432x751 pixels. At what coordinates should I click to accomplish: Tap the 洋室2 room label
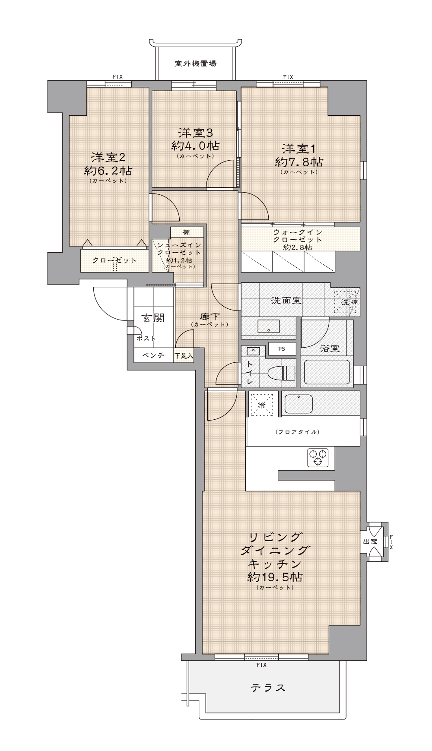tap(108, 157)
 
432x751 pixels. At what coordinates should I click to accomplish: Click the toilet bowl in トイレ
tap(281, 372)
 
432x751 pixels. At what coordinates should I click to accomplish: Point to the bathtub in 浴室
tap(327, 372)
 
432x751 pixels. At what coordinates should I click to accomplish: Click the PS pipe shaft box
tap(282, 349)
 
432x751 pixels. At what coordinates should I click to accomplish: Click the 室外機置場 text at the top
tap(196, 63)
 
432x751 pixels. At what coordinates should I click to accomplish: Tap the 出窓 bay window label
tap(370, 541)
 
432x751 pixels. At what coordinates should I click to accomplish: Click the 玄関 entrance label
tap(153, 318)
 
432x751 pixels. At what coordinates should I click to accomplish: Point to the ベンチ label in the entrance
tap(153, 355)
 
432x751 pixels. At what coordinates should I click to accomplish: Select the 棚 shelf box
tap(186, 232)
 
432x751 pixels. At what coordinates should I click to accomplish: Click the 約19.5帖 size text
tap(275, 577)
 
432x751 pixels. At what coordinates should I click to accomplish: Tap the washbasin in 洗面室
tap(268, 326)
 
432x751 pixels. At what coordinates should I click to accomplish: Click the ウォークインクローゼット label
tap(298, 236)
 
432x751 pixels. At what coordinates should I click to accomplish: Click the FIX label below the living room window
tap(261, 665)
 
